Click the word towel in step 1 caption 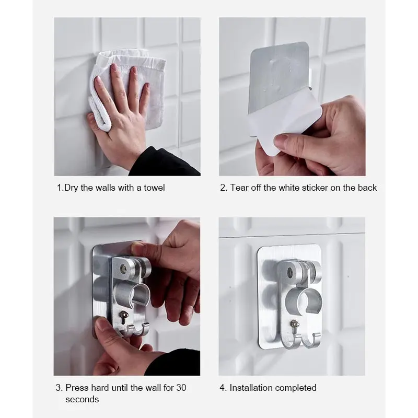[154, 188]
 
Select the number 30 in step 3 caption [181, 388]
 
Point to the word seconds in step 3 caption [82, 399]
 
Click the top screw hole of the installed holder [291, 272]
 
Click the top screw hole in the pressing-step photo [123, 269]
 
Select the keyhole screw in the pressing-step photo [123, 317]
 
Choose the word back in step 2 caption [367, 188]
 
